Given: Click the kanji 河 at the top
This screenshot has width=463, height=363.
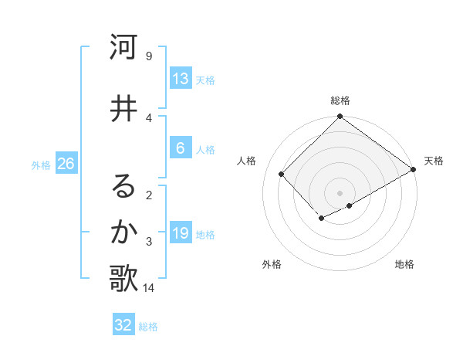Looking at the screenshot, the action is (x=123, y=47).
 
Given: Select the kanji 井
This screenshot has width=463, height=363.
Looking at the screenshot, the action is (x=123, y=109).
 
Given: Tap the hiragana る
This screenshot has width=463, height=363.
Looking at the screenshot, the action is (x=123, y=186).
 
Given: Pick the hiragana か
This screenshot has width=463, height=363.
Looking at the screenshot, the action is (x=123, y=232).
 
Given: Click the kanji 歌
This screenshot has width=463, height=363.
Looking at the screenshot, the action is (x=123, y=279).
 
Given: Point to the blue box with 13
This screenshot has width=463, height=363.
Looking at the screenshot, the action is (x=181, y=79).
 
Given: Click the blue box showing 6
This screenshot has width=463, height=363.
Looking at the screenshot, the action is (x=181, y=148).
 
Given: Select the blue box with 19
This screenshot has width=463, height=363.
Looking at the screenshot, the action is (x=181, y=233).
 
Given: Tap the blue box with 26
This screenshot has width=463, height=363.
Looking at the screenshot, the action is (x=65, y=164).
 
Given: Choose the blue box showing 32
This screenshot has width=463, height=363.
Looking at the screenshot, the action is (x=123, y=325).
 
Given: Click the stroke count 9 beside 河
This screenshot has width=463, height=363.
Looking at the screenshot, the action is (x=148, y=56).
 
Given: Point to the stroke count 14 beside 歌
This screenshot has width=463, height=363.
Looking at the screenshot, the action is (x=148, y=288).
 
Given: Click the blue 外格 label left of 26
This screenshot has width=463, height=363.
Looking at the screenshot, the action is (x=41, y=165).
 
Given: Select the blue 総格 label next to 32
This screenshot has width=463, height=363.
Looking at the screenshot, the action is (x=148, y=326).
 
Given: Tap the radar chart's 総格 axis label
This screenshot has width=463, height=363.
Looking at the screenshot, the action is (x=340, y=100).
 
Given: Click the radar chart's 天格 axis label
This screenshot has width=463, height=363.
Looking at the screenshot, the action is (x=434, y=161).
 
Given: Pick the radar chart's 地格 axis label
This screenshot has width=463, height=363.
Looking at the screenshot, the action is (x=404, y=264).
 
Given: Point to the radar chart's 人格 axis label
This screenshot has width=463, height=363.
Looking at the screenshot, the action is (x=247, y=161).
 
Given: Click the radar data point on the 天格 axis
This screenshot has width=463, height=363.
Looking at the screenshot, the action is (x=414, y=169).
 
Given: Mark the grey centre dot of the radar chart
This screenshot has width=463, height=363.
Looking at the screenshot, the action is (x=340, y=192).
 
